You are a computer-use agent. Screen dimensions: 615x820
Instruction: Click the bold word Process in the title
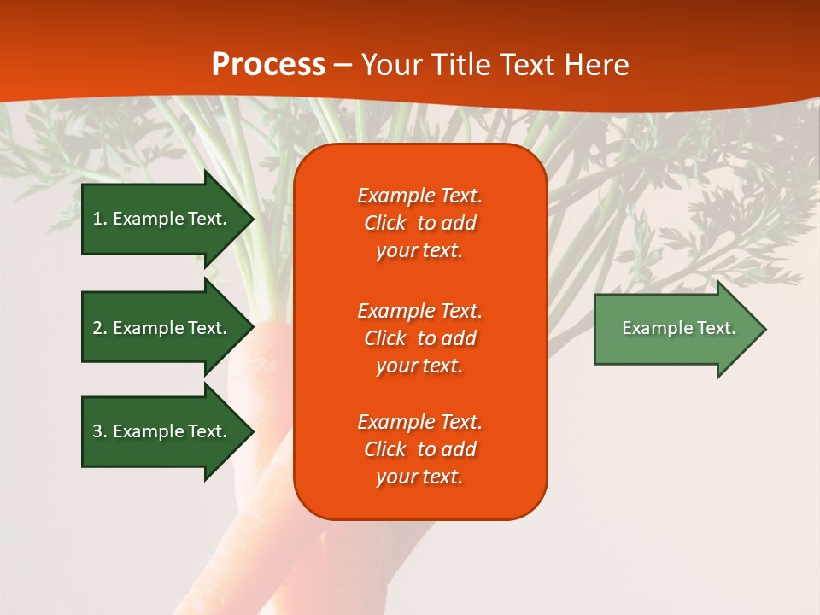point(268,65)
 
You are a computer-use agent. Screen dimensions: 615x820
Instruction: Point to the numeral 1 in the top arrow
point(97,219)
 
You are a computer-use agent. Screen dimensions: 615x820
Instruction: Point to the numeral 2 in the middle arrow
point(97,328)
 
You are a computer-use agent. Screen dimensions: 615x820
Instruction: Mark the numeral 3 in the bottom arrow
point(97,431)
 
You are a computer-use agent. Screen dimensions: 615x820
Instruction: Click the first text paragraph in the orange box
point(419,223)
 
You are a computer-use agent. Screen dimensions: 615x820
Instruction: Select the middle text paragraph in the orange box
point(419,338)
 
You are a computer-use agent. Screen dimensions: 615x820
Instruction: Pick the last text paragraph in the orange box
point(419,449)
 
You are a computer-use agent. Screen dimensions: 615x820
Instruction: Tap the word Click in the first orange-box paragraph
point(384,223)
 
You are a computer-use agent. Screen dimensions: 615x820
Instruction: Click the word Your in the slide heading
point(389,65)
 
